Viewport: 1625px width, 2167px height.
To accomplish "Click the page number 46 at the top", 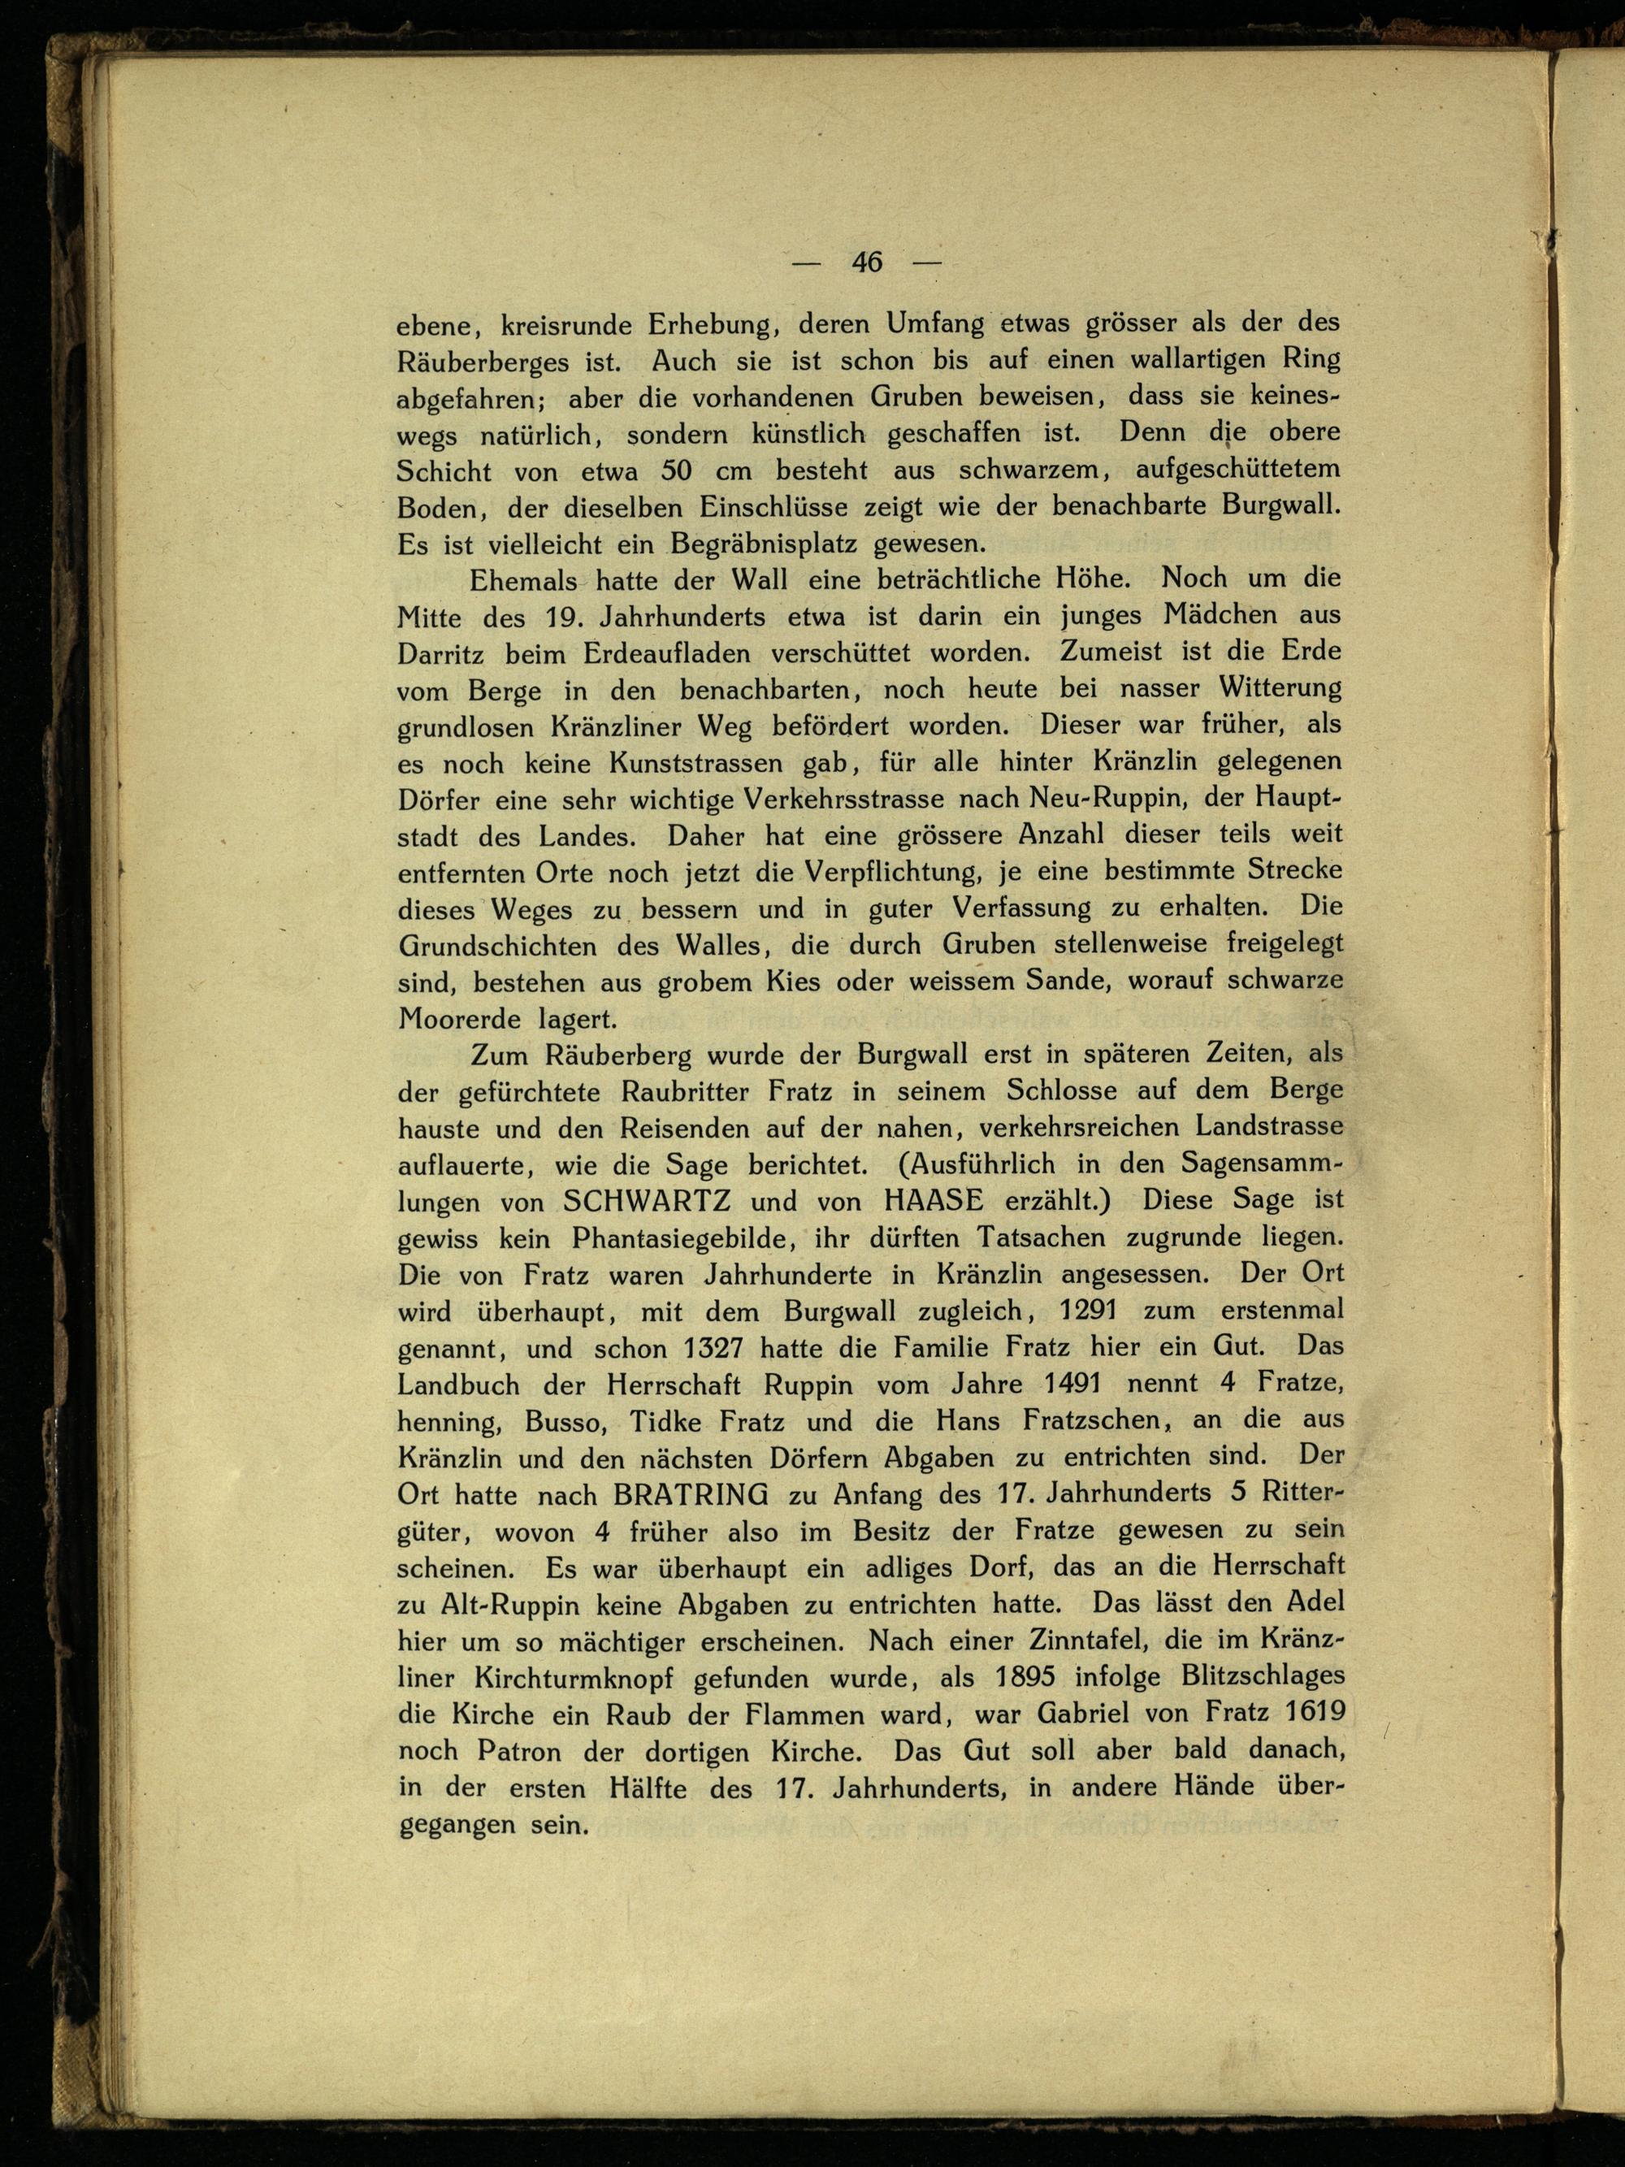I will point(867,262).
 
